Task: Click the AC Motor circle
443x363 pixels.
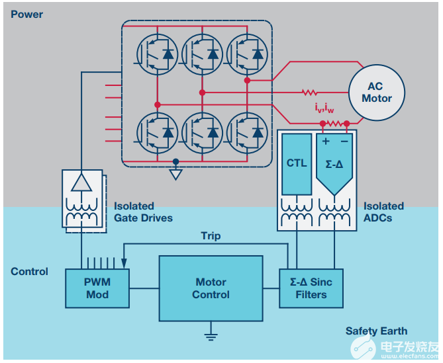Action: [376, 93]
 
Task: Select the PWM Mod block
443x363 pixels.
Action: [97, 288]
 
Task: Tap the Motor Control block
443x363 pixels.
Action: [211, 288]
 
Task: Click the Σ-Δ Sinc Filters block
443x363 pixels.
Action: [311, 288]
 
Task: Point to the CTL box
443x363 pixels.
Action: [297, 163]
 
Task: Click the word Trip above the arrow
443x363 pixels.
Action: [211, 236]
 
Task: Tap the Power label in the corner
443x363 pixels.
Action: [26, 14]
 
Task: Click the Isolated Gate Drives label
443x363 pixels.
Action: [143, 212]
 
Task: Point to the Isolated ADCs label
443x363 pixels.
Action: [383, 212]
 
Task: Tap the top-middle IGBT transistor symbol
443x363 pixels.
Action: [202, 54]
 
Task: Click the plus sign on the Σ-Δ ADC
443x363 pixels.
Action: [326, 141]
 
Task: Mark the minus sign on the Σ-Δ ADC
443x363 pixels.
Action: [344, 141]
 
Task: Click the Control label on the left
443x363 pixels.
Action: [30, 271]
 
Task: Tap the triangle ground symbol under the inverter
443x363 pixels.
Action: [175, 175]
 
